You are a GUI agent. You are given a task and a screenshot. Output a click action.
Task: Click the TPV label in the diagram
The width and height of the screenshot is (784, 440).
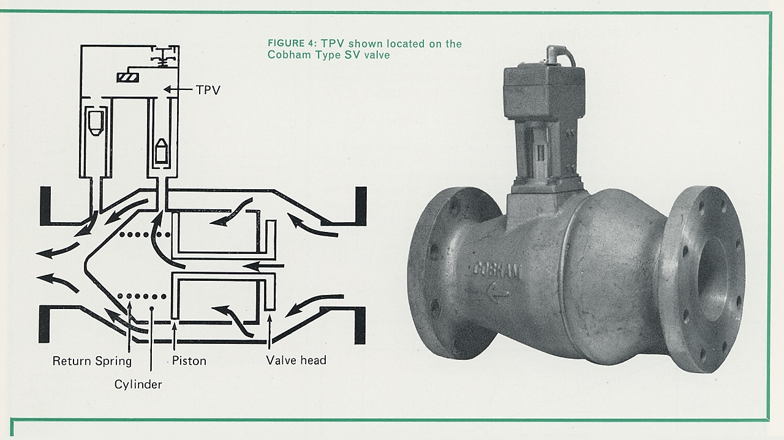(x=208, y=90)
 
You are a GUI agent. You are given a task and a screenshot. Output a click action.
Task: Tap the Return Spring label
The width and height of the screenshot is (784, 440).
(x=92, y=360)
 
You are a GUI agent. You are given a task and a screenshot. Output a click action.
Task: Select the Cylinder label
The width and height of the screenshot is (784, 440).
(x=138, y=384)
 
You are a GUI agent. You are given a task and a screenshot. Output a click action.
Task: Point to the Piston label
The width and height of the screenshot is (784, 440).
(x=189, y=360)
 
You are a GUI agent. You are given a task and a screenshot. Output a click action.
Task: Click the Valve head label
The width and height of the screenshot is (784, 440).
(x=296, y=360)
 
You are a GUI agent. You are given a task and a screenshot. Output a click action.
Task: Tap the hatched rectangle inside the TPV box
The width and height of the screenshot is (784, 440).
(x=127, y=77)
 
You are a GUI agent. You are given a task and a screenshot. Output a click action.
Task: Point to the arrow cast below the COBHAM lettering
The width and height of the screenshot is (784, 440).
(x=499, y=293)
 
